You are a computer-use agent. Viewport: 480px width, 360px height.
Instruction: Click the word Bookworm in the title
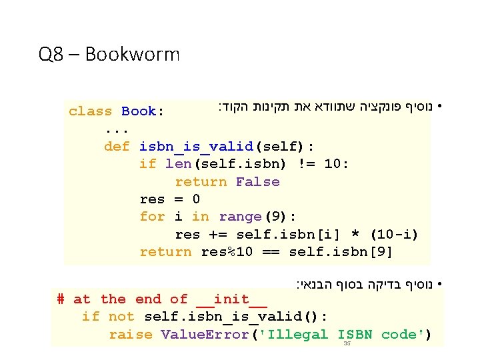pos(132,54)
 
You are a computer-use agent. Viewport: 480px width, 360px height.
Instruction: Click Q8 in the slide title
pos(52,54)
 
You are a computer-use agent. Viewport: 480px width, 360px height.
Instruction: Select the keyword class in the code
pos(91,111)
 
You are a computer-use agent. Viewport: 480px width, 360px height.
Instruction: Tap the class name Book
pos(139,111)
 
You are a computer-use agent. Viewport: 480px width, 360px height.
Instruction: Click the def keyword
pos(117,147)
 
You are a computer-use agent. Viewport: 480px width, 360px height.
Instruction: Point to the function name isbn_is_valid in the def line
pos(197,147)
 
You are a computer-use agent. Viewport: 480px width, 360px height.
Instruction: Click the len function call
pos(178,164)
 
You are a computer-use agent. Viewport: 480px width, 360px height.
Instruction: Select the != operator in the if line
pos(297,164)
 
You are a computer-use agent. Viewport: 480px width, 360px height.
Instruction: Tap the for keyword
pos(153,217)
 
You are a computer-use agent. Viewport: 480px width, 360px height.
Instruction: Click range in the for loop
pos(240,217)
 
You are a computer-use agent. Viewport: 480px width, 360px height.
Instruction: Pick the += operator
pos(223,235)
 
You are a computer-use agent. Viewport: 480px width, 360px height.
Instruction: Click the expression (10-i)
pos(394,235)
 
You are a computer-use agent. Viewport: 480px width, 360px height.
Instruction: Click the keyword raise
pos(131,335)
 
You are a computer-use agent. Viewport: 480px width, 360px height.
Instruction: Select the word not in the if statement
pos(121,317)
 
